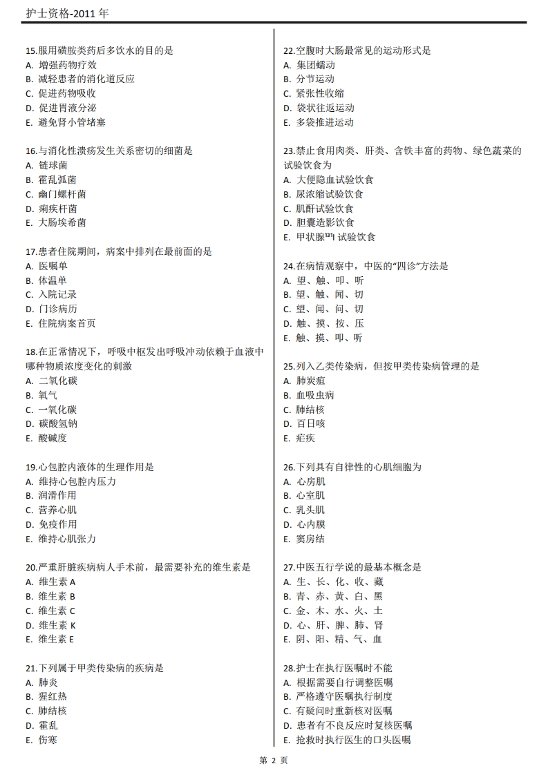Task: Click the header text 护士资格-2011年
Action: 66,14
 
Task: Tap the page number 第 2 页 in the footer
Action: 274,760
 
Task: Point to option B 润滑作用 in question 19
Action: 57,495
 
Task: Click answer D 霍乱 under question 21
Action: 48,725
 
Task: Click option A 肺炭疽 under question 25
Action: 310,381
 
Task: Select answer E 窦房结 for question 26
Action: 310,539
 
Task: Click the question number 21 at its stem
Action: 31,668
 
